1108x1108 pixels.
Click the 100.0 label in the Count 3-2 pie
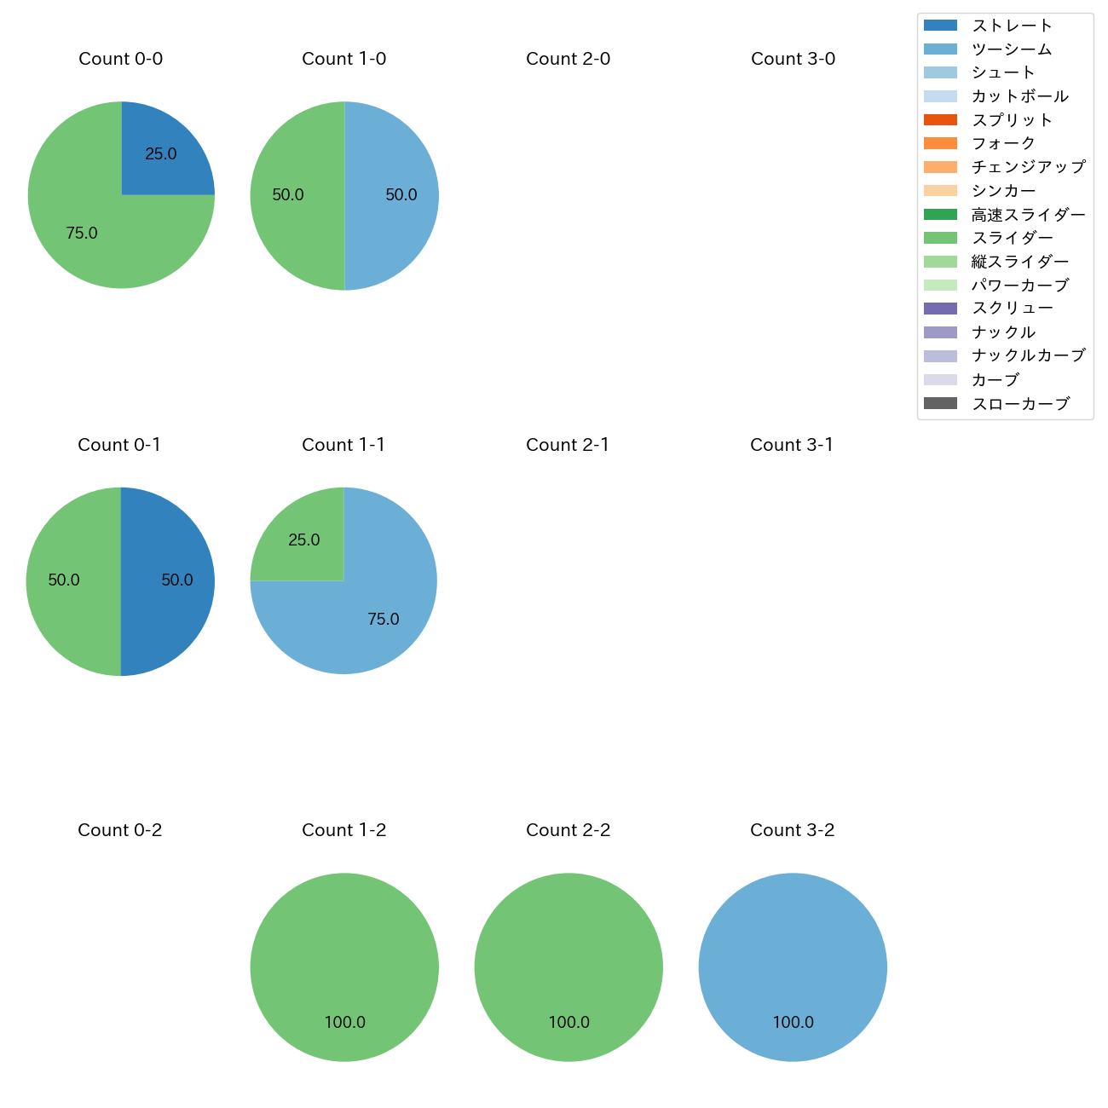(x=793, y=1022)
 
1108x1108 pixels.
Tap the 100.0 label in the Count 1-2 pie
(x=344, y=1022)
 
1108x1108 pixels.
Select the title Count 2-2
(x=568, y=830)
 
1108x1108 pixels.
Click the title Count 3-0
(x=793, y=59)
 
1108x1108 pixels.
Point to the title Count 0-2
(x=119, y=830)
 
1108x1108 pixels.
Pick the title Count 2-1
(x=568, y=445)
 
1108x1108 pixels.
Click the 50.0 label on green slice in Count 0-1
(x=64, y=580)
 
